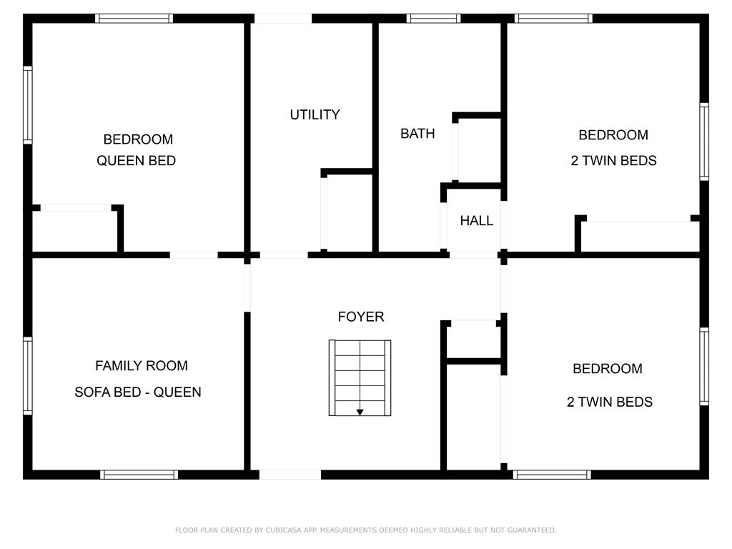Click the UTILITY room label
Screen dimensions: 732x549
pyautogui.click(x=315, y=114)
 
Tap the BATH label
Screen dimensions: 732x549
pyautogui.click(x=417, y=134)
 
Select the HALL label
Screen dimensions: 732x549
pyautogui.click(x=476, y=220)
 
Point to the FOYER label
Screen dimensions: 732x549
pyautogui.click(x=360, y=317)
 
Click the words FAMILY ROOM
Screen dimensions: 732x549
pyautogui.click(x=142, y=365)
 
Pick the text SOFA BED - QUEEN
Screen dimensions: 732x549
pyautogui.click(x=138, y=392)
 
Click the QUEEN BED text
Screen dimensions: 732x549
pyautogui.click(x=136, y=161)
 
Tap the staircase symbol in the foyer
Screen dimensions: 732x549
pyautogui.click(x=360, y=377)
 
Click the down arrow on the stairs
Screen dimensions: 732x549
pyautogui.click(x=360, y=412)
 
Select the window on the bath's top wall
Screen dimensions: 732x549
pyautogui.click(x=433, y=19)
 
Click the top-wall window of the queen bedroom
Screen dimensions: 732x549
pyautogui.click(x=134, y=19)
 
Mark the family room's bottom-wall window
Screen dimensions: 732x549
pyautogui.click(x=139, y=475)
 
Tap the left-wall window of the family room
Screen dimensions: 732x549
pyautogui.click(x=28, y=376)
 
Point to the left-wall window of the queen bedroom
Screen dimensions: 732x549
pyautogui.click(x=28, y=105)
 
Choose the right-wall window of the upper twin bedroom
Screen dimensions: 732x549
pyautogui.click(x=704, y=142)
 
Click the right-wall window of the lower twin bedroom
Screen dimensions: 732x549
pyautogui.click(x=704, y=367)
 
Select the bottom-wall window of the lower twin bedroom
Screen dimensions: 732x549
pyautogui.click(x=552, y=475)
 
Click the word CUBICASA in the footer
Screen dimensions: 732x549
pyautogui.click(x=283, y=530)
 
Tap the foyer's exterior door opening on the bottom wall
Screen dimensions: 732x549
pyautogui.click(x=290, y=475)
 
